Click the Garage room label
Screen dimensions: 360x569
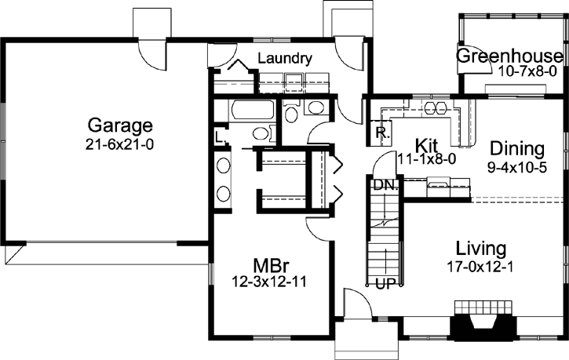pos(120,126)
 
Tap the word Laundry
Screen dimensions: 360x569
pos(285,58)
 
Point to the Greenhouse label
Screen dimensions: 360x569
pos(510,56)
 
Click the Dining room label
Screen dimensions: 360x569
pos(517,148)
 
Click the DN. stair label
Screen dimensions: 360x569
pos(384,185)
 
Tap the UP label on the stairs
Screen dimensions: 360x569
pos(385,282)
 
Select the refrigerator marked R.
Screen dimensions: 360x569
pos(381,133)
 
